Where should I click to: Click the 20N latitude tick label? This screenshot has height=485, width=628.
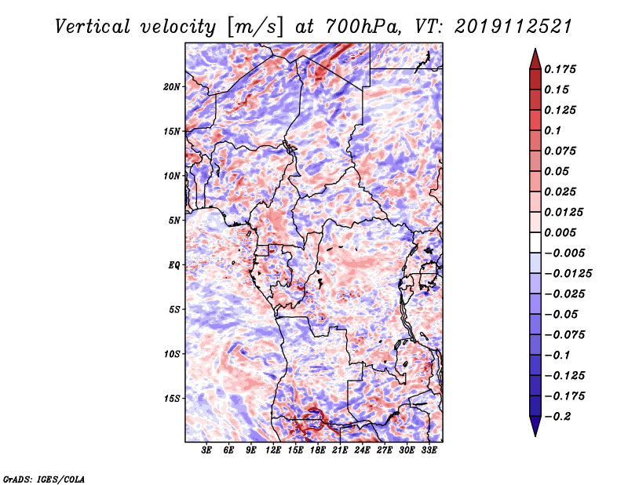(x=172, y=87)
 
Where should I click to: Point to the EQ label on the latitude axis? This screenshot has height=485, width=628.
(x=174, y=265)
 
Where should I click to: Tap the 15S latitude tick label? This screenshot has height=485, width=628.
(x=172, y=399)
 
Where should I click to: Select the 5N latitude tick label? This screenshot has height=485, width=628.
(x=174, y=221)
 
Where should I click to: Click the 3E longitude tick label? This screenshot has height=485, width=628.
(x=206, y=450)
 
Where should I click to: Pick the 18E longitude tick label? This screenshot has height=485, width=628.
(x=318, y=450)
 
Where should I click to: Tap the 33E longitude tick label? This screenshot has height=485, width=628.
(x=429, y=450)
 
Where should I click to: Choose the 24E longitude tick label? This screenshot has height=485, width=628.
(x=362, y=450)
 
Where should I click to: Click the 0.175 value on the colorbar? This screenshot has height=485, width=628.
(x=560, y=69)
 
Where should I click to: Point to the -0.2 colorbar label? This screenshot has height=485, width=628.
(x=557, y=417)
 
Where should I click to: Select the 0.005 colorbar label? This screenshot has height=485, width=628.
(x=560, y=232)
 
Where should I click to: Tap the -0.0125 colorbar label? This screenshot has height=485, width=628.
(x=568, y=274)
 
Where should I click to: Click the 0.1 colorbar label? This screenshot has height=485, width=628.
(x=553, y=130)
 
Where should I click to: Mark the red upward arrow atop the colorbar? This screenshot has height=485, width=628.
(x=535, y=59)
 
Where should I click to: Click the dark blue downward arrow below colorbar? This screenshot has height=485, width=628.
(x=535, y=426)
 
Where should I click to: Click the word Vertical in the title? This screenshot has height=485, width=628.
(x=93, y=27)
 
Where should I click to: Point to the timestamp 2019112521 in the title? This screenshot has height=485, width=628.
(x=513, y=27)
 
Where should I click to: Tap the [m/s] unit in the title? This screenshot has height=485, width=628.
(x=255, y=27)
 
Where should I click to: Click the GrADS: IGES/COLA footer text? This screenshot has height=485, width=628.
(x=44, y=479)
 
